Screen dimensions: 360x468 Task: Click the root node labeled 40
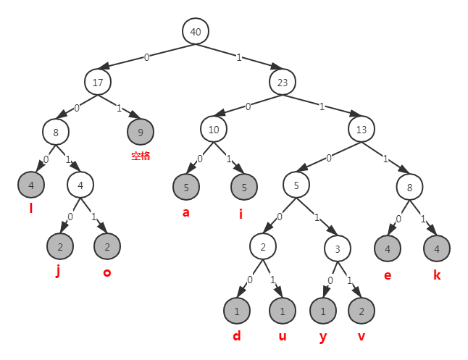(195, 32)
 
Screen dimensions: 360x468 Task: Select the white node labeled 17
(97, 82)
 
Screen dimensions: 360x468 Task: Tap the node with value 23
(283, 82)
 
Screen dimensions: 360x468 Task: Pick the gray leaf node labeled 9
(141, 132)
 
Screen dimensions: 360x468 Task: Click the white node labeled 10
(214, 130)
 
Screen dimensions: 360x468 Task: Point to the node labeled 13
(362, 130)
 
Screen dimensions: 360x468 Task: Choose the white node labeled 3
(337, 248)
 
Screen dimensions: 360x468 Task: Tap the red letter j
(59, 272)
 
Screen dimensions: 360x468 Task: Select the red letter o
(106, 272)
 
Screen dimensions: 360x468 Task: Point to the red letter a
(186, 213)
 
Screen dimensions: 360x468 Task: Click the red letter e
(388, 275)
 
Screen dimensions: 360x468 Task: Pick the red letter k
(436, 275)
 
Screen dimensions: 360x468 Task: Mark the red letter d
(236, 337)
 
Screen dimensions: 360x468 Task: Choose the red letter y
(322, 338)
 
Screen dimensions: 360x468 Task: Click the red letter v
(362, 338)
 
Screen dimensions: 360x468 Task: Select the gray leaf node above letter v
(362, 311)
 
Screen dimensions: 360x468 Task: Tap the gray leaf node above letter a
(186, 187)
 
